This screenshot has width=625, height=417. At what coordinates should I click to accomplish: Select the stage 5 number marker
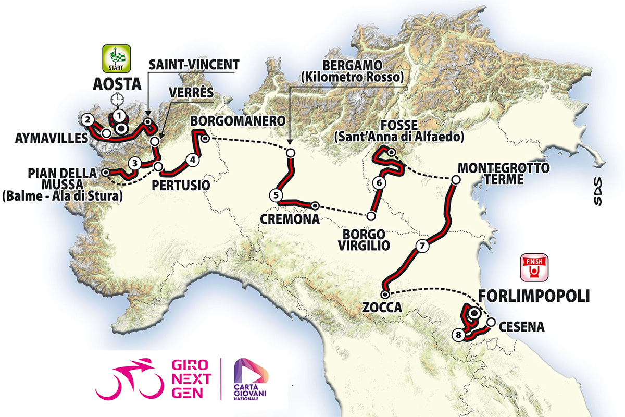[276, 195]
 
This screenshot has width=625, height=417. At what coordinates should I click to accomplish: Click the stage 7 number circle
[422, 245]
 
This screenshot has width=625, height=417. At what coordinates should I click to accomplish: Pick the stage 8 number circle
[458, 335]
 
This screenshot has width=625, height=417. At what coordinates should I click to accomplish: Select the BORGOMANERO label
[238, 121]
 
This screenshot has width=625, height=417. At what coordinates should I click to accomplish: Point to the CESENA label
[521, 327]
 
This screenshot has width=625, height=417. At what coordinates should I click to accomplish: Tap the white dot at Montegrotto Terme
[455, 180]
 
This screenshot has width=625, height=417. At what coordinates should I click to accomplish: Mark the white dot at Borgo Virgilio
[371, 215]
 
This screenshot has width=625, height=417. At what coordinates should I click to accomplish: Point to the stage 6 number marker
[379, 183]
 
